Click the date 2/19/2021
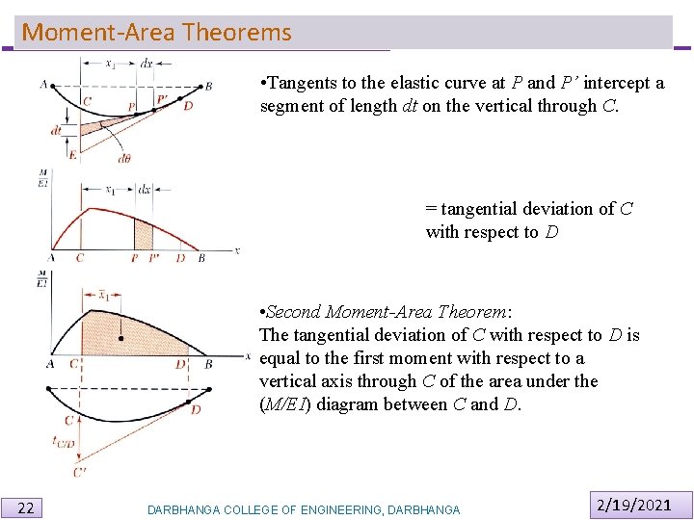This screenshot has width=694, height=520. (x=633, y=504)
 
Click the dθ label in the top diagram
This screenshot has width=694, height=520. (x=124, y=159)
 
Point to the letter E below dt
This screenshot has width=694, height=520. (x=72, y=154)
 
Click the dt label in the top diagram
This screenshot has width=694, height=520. (x=57, y=130)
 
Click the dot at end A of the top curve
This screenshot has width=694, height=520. (x=53, y=85)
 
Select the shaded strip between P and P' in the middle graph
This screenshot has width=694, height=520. (x=143, y=234)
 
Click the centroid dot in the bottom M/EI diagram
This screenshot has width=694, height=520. (x=120, y=338)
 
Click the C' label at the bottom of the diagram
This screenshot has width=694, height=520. (x=79, y=472)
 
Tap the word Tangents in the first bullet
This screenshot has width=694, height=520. (x=302, y=83)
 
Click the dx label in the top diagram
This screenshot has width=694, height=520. (x=147, y=64)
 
